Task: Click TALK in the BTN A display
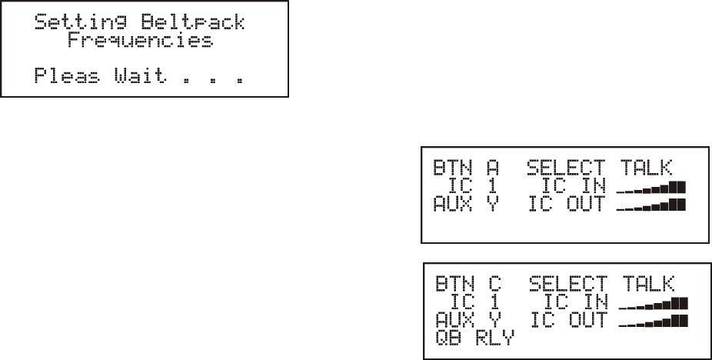pos(646,167)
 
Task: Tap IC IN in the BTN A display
pos(574,185)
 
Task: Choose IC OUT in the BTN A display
pos(567,204)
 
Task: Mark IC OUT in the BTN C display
pos(569,320)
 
